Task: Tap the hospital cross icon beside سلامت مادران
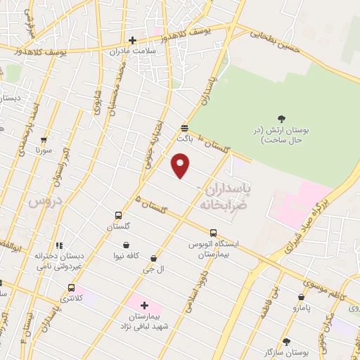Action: pos(131,40)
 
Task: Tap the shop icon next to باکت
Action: pos(184,128)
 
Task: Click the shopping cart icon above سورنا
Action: pos(44,140)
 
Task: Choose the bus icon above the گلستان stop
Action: pos(118,217)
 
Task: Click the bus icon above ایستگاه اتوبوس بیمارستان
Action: pos(213,233)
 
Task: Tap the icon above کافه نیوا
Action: pos(126,245)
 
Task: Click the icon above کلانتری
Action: pos(71,288)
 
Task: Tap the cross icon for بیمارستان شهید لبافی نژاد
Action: pos(145,305)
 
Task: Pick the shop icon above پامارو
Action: pos(301,297)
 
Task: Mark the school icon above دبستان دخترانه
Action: pos(60,246)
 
